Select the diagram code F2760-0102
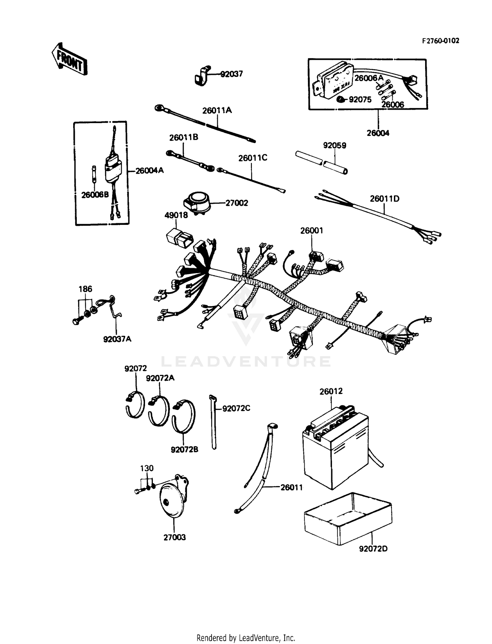pos(440,41)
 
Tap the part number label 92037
pos(232,74)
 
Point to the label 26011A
pos(217,110)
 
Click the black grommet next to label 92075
pos(341,99)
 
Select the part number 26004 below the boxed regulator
pos(378,133)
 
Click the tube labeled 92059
pos(321,162)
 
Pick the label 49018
pos(176,215)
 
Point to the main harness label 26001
pos(312,230)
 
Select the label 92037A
pos(117,339)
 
